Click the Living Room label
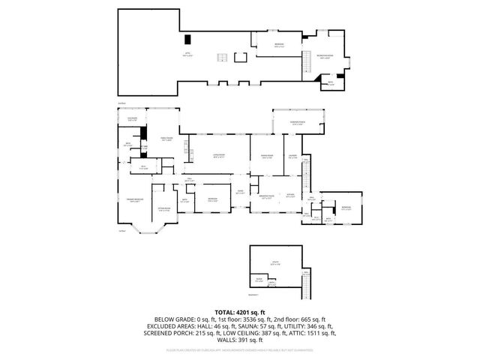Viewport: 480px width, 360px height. pos(218,156)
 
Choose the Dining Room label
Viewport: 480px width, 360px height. pos(266,156)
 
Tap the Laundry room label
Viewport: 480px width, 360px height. pos(293,157)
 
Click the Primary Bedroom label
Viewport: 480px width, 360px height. pos(135,200)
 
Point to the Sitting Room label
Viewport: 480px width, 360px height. pos(165,209)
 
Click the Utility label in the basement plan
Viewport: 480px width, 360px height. pos(275,263)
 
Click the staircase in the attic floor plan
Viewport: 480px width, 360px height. pos(222,58)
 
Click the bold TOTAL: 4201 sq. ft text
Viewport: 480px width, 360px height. pos(240,311)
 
